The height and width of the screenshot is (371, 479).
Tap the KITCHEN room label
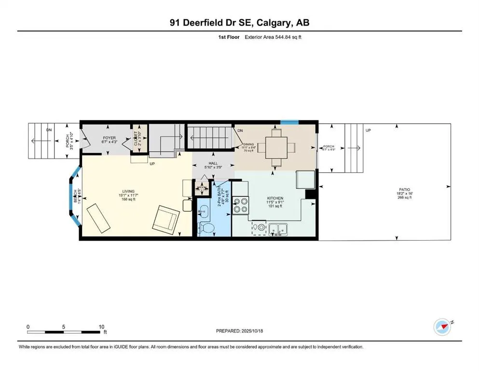(x=275, y=198)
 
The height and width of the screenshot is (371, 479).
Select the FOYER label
(x=109, y=138)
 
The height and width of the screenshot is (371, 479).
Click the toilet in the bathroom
(x=207, y=228)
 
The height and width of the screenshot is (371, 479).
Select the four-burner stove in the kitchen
(x=240, y=205)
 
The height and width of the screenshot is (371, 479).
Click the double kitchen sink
(x=277, y=228)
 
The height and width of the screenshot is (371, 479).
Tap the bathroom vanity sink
(x=203, y=210)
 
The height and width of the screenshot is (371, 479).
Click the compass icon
(x=442, y=327)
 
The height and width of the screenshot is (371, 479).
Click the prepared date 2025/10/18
(x=251, y=331)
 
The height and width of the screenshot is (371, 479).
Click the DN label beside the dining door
(x=240, y=130)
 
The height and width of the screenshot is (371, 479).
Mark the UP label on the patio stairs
(x=369, y=130)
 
